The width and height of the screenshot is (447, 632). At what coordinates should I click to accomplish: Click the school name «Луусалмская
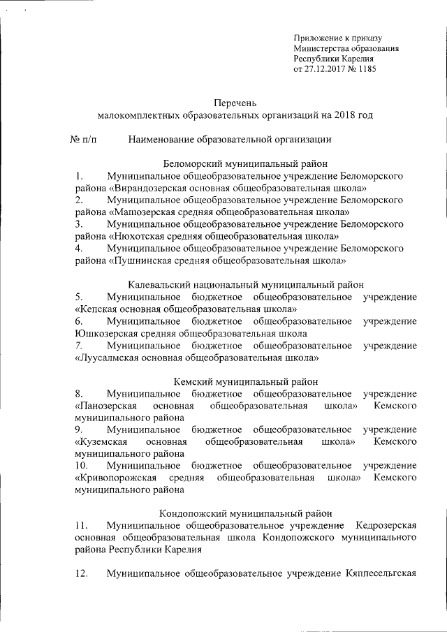pos(108,357)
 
